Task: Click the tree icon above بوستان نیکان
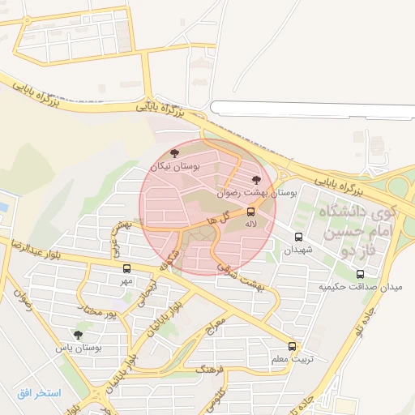coord(174,153)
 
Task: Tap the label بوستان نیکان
coord(174,166)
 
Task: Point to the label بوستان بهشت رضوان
coord(258,194)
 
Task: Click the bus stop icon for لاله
coord(250,212)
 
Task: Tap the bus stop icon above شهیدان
coord(299,238)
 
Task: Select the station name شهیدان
coord(297,250)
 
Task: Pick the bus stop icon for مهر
coord(126,268)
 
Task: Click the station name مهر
coord(125,280)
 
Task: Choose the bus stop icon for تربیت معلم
coord(293,346)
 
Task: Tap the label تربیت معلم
coord(291,358)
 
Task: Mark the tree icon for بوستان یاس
coord(78,335)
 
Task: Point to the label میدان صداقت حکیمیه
coord(365,287)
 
